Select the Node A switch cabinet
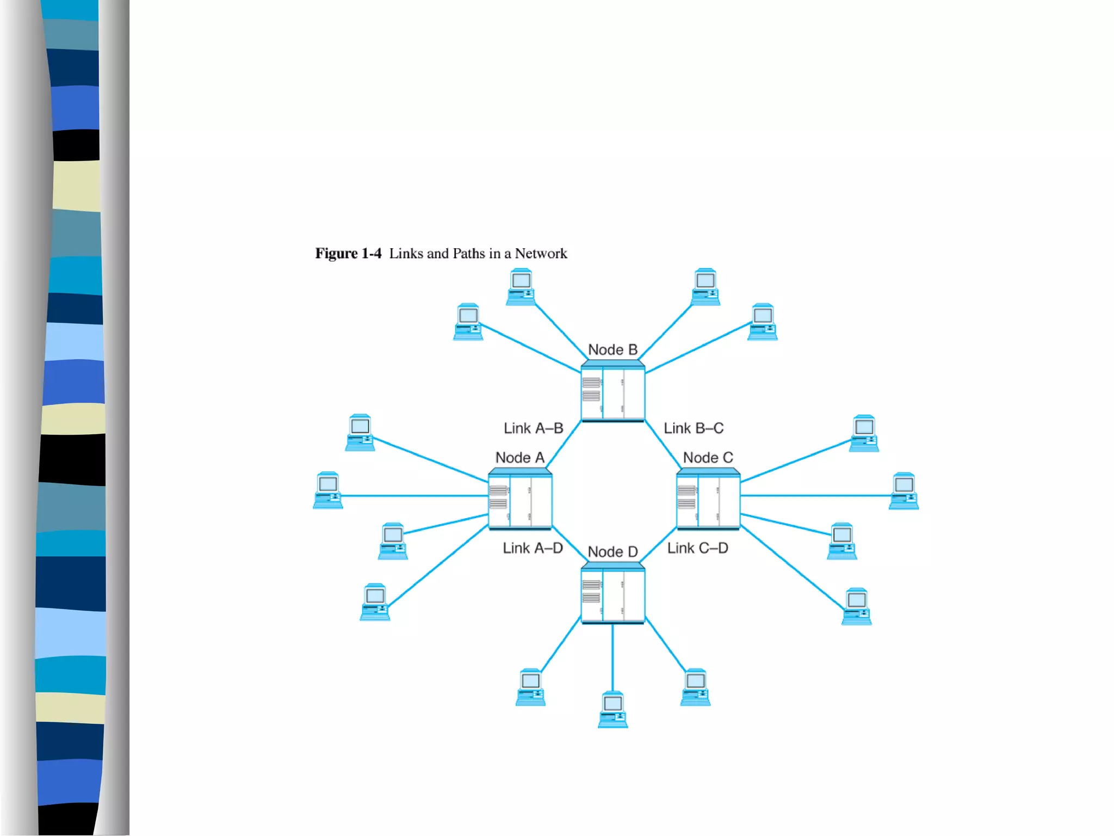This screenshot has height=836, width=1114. (x=520, y=499)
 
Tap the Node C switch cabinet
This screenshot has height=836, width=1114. (x=708, y=499)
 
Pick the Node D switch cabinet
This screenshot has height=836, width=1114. (x=612, y=594)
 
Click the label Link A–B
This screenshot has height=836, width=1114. (x=533, y=428)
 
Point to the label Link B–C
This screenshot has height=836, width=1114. (x=694, y=428)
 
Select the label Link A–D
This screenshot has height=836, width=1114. (x=533, y=548)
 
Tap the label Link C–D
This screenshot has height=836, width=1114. (x=697, y=548)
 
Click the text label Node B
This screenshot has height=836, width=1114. (x=612, y=349)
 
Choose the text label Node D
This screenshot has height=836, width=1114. (x=612, y=552)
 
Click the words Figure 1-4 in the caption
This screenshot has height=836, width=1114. (x=348, y=254)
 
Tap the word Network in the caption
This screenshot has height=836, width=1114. (x=541, y=254)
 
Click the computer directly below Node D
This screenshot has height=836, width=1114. (x=612, y=709)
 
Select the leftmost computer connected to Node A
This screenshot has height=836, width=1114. (x=328, y=490)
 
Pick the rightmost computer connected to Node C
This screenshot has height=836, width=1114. (x=903, y=490)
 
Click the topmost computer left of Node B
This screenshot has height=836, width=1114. (x=521, y=286)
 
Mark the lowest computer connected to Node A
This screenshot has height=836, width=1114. (x=375, y=601)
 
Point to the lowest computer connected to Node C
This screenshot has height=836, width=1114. (x=856, y=606)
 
